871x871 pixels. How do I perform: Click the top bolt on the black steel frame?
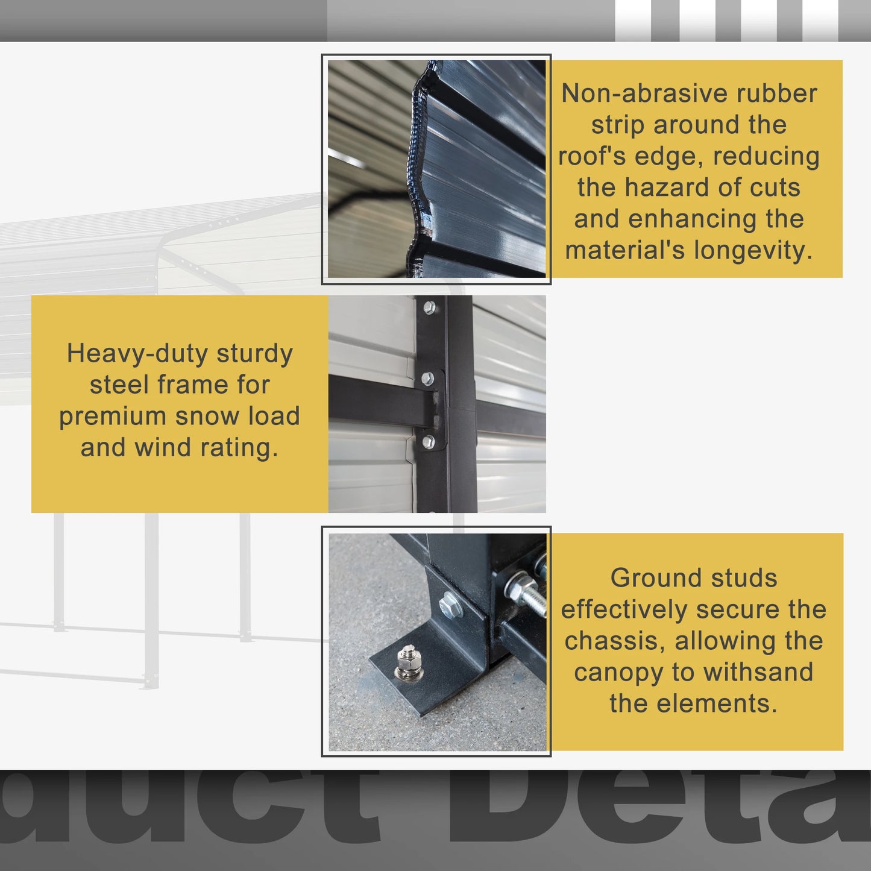coord(429,308)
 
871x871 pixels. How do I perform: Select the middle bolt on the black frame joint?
coord(427,379)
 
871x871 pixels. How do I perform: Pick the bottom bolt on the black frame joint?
coord(428,442)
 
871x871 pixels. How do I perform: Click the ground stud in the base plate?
coord(408,661)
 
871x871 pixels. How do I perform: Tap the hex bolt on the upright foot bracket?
coord(449,605)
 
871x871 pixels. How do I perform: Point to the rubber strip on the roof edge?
coord(416,163)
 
